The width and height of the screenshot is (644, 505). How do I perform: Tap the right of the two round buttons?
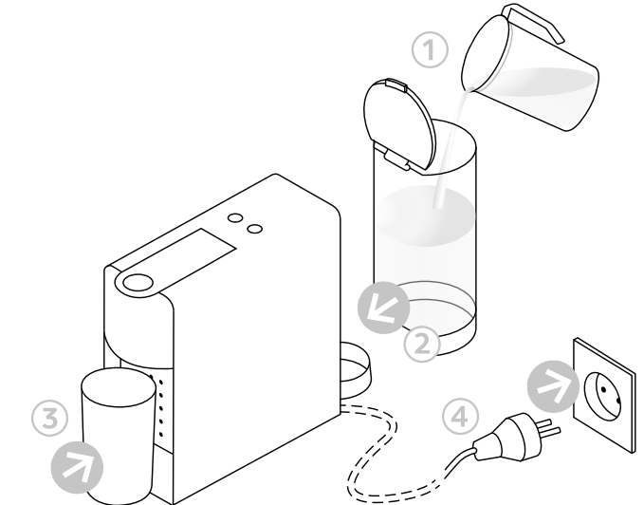pos(254,228)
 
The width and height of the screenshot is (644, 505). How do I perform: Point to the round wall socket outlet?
pos(600,388)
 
